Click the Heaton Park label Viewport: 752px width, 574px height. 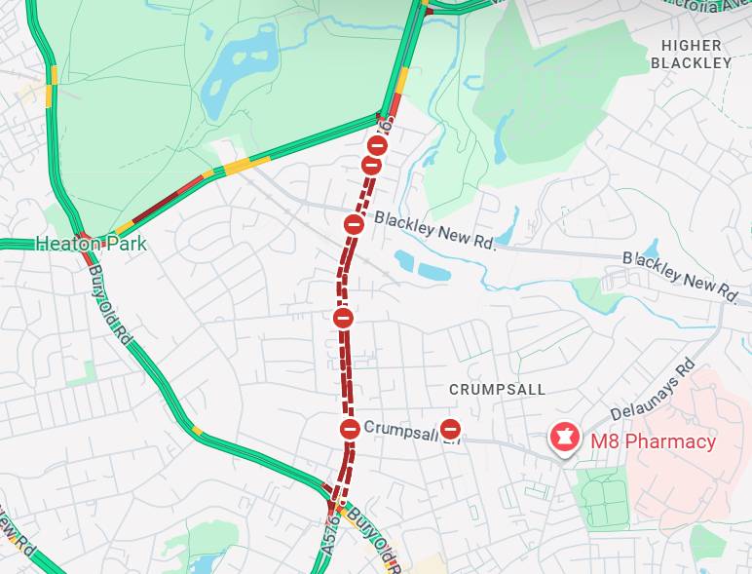click(91, 244)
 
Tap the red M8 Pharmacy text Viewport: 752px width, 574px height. click(653, 441)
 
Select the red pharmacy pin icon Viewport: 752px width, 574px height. click(562, 438)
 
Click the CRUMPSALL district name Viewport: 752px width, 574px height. click(497, 389)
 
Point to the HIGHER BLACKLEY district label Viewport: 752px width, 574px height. click(691, 54)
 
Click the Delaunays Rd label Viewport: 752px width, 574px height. click(653, 393)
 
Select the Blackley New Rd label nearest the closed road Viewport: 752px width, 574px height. click(434, 232)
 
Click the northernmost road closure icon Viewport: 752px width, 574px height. click(377, 145)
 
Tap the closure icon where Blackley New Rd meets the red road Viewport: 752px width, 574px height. click(355, 224)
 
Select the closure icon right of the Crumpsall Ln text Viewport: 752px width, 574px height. click(450, 428)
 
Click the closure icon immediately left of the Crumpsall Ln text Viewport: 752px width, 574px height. click(350, 428)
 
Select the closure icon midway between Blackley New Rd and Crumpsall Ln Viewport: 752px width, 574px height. click(343, 318)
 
